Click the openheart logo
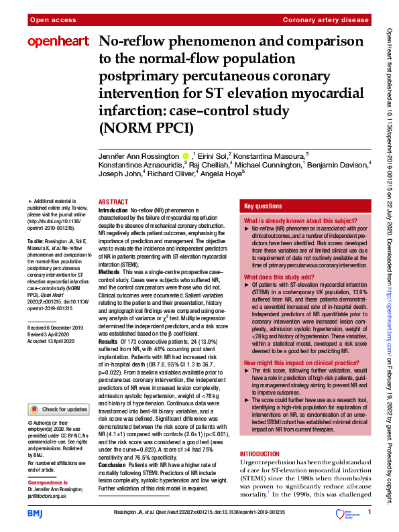click(58, 42)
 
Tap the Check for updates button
click(58, 409)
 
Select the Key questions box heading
click(263, 206)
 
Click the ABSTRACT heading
click(113, 202)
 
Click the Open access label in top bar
click(52, 21)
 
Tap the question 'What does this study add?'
click(279, 277)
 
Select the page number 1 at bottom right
click(369, 513)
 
